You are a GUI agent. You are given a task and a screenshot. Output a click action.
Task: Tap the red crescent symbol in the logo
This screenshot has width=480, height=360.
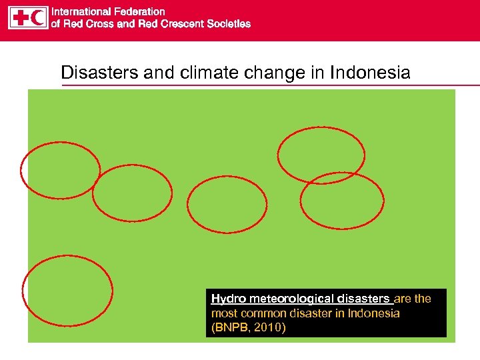pos(39,18)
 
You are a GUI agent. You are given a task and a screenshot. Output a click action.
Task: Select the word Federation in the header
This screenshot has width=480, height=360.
pos(139,11)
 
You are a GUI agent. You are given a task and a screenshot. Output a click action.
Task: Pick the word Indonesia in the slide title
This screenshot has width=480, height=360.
pos(370,73)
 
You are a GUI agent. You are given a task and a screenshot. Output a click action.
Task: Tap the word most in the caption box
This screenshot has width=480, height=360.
pos(223,313)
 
